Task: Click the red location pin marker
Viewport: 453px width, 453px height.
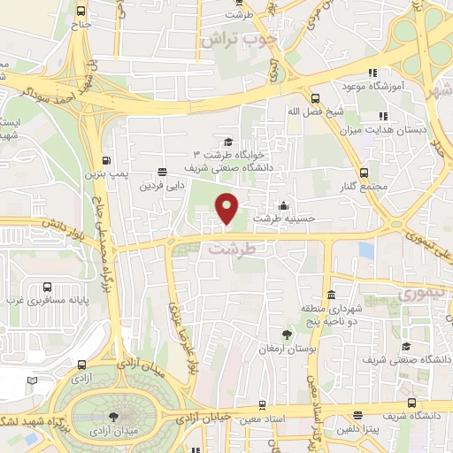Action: (227, 208)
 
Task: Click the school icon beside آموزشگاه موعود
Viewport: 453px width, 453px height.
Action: (373, 73)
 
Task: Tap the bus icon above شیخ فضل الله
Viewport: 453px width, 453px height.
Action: (316, 98)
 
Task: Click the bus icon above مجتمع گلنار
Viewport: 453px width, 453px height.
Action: (363, 172)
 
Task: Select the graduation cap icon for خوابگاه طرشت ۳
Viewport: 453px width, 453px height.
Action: (228, 142)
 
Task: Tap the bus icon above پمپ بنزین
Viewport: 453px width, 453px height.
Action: (107, 161)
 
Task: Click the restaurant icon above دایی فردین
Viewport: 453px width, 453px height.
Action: (161, 173)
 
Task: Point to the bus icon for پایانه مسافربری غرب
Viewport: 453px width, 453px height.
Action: (46, 288)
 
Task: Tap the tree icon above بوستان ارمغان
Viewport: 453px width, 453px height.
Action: (287, 334)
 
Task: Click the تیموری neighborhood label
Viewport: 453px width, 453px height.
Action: (418, 293)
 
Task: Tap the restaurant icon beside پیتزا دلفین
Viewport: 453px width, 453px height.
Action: (357, 416)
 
